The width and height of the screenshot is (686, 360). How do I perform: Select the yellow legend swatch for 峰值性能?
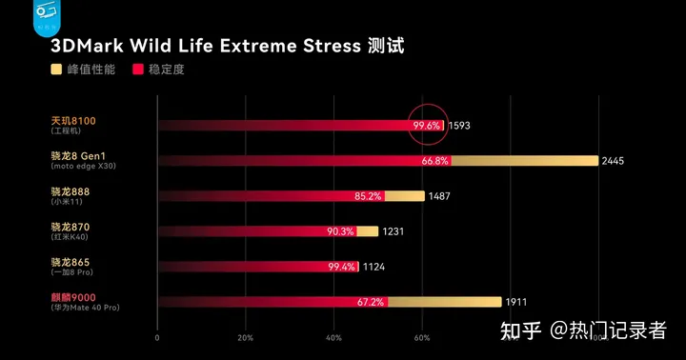(x=57, y=70)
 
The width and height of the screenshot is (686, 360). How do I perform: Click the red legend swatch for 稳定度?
(x=138, y=70)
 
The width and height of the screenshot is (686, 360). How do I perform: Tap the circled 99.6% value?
(x=426, y=125)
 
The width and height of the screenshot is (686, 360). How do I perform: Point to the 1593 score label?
(x=459, y=125)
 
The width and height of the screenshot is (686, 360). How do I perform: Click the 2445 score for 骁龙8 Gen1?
(x=613, y=161)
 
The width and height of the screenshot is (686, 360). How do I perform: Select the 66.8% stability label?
(x=434, y=161)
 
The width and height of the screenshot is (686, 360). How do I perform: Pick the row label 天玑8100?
(x=72, y=121)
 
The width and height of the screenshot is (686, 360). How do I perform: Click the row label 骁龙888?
(x=70, y=192)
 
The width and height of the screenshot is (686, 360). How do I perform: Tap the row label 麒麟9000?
(x=73, y=299)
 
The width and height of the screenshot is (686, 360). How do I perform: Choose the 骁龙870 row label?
(x=70, y=228)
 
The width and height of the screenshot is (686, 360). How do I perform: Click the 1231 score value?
(x=394, y=231)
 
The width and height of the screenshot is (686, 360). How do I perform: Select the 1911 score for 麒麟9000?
(x=515, y=303)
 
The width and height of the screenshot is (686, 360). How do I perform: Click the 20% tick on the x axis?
(x=245, y=338)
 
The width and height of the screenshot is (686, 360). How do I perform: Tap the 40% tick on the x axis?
(x=333, y=338)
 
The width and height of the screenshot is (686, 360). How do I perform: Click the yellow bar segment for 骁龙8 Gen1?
(x=524, y=161)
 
